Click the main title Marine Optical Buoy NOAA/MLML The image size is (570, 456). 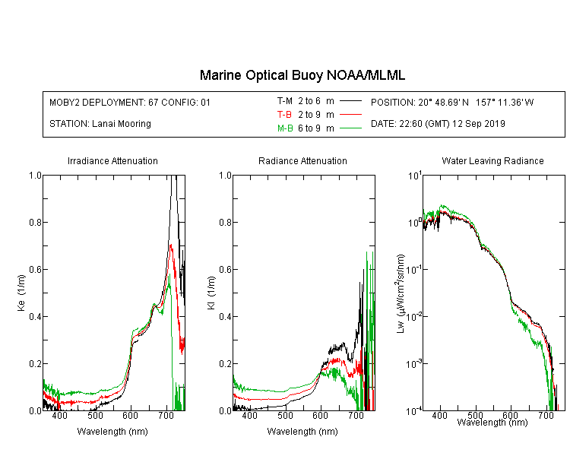[302, 75]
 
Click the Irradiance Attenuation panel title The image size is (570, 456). [112, 160]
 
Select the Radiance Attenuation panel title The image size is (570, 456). [302, 160]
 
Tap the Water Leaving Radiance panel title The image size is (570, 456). [492, 160]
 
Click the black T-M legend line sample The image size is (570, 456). [350, 101]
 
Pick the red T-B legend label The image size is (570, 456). [284, 115]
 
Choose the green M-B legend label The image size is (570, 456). [285, 128]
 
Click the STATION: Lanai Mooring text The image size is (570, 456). [100, 124]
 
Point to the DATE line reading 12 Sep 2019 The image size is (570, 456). [438, 124]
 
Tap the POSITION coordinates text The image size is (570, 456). [452, 102]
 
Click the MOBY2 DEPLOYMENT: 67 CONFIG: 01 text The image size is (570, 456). [130, 102]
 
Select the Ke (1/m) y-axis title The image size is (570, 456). [21, 293]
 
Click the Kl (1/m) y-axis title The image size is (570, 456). [211, 293]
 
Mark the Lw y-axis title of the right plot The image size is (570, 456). [401, 293]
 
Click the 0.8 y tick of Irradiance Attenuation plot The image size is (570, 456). [35, 222]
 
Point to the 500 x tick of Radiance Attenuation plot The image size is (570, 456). [285, 415]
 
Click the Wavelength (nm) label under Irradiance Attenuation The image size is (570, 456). [112, 432]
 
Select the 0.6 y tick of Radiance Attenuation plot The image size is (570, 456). [225, 270]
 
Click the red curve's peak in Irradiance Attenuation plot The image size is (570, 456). [171, 245]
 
